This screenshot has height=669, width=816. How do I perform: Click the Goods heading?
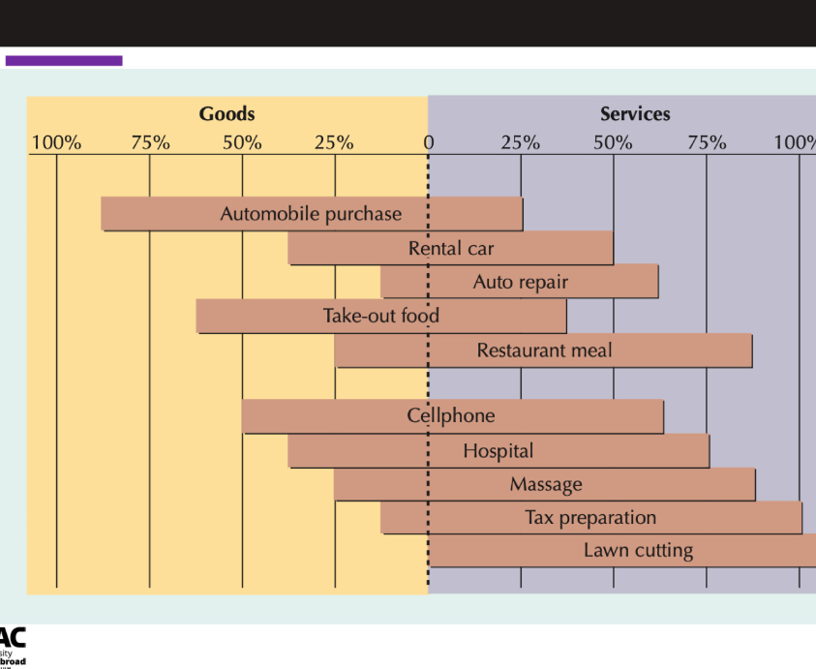227,114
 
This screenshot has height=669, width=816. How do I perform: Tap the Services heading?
635,114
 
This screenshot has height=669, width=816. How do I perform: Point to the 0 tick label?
428,143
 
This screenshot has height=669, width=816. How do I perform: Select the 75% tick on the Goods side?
150,143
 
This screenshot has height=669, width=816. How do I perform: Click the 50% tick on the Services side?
613,143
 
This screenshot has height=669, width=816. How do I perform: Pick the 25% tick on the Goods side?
334,143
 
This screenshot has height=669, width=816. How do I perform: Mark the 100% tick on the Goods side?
56,143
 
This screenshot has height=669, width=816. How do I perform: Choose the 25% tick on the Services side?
520,143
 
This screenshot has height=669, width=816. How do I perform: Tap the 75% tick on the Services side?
707,143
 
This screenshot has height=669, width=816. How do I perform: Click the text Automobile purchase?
311,214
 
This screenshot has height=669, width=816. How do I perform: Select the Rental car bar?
450,249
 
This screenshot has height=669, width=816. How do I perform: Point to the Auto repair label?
520,283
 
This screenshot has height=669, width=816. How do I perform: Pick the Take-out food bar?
381,316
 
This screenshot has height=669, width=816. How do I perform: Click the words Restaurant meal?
544,350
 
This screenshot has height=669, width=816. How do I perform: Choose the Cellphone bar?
452,416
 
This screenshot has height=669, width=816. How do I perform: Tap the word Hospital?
498,450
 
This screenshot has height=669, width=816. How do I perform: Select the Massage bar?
545,484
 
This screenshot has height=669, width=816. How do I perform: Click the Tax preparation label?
590,518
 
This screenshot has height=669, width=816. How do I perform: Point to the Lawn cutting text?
638,551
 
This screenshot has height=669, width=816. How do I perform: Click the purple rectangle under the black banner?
64,61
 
